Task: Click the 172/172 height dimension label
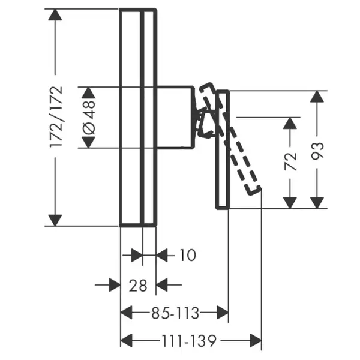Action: click(x=56, y=116)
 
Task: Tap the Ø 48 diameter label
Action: click(x=89, y=118)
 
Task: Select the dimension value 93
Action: click(x=317, y=151)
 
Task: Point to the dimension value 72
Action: click(x=290, y=161)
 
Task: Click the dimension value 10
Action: click(x=188, y=255)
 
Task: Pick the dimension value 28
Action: click(x=138, y=286)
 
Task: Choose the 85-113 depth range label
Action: click(x=175, y=313)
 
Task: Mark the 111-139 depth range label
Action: click(x=189, y=341)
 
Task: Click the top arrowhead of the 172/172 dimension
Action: click(x=55, y=14)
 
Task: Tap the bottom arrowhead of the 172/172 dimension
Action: click(x=55, y=220)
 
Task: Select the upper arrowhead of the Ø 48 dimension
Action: click(x=88, y=93)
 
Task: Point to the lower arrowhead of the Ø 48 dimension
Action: click(x=88, y=142)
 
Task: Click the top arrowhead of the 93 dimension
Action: click(x=317, y=97)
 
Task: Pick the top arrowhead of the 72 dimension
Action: click(x=290, y=123)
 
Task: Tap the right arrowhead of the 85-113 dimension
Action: click(x=223, y=313)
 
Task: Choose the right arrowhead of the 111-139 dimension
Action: click(x=256, y=341)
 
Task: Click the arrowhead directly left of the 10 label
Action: click(x=161, y=255)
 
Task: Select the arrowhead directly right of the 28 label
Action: click(x=161, y=285)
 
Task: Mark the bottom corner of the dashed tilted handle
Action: click(x=250, y=195)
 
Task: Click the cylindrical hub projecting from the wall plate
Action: click(x=175, y=118)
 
